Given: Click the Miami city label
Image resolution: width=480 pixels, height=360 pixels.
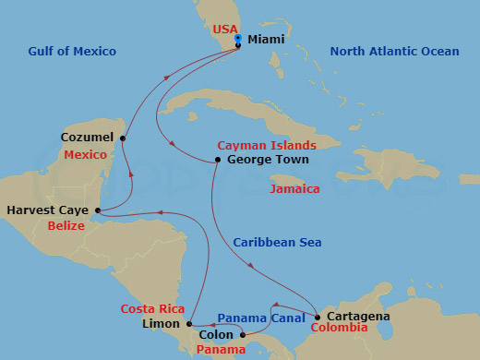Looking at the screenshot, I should (267, 41).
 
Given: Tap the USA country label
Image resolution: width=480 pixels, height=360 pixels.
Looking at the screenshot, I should (225, 29).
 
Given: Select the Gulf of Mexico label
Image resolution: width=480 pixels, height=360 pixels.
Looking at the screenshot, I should (71, 52).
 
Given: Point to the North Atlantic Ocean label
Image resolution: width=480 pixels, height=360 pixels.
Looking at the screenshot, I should (394, 52).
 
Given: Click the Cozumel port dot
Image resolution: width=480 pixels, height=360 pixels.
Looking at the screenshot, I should (123, 138).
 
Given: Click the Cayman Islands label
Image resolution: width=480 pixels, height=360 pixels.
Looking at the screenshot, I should (267, 146).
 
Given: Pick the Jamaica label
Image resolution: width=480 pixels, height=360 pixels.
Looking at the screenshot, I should (294, 189).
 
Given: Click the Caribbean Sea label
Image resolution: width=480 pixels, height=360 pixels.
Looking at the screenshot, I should (277, 243).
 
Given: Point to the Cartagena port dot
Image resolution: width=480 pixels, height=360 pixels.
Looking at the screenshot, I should (318, 317).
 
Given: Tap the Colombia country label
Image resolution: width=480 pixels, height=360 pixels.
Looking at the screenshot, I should (338, 328).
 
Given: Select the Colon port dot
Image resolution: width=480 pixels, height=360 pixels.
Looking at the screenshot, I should (243, 335).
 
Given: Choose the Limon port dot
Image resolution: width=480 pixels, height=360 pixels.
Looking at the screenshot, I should (189, 324).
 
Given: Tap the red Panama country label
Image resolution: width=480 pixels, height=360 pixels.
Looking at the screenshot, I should (222, 349).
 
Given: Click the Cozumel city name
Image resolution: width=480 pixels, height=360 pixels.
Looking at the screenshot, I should (87, 137).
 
